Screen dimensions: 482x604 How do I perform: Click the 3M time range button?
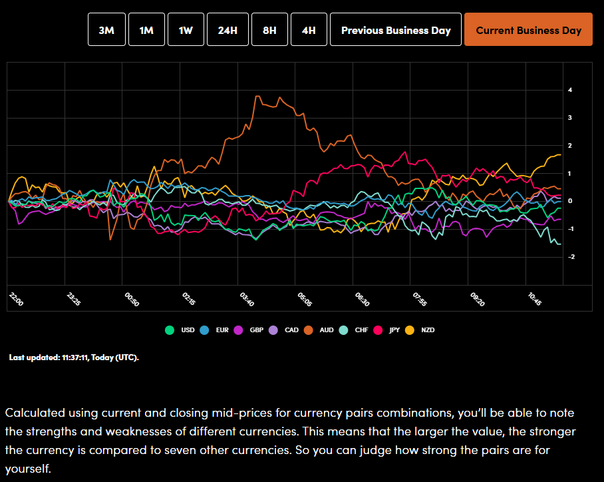pyautogui.click(x=106, y=30)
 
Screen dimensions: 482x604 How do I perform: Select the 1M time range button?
pyautogui.click(x=146, y=30)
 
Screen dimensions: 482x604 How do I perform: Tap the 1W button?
pyautogui.click(x=186, y=30)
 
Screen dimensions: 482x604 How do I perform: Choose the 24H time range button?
pyautogui.click(x=227, y=30)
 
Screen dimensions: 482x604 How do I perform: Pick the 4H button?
pyautogui.click(x=309, y=30)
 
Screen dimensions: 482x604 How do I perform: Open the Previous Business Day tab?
pyautogui.click(x=396, y=30)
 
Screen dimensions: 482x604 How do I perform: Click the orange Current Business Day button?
pyautogui.click(x=528, y=30)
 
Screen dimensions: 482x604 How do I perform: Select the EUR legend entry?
pyautogui.click(x=216, y=330)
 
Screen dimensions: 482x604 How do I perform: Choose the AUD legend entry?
pyautogui.click(x=320, y=330)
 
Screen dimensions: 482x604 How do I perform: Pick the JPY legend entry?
pyautogui.click(x=388, y=330)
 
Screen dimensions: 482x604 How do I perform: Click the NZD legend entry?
pyautogui.click(x=422, y=330)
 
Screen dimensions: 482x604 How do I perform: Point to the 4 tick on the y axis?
pyautogui.click(x=570, y=90)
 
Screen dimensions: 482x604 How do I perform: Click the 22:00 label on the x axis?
pyautogui.click(x=17, y=299)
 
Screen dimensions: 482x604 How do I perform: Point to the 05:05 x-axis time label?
pyautogui.click(x=305, y=299)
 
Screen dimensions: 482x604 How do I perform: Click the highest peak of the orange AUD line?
pyautogui.click(x=257, y=97)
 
